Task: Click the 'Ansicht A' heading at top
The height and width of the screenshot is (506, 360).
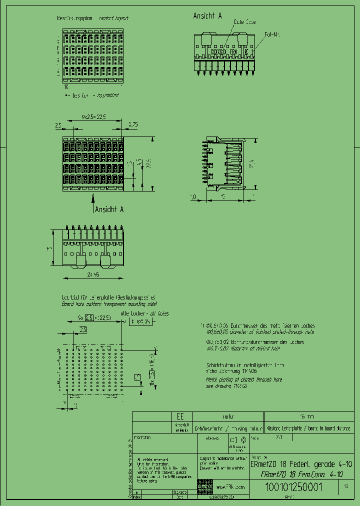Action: coord(207,16)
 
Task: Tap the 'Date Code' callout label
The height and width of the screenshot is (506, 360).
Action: coord(245,22)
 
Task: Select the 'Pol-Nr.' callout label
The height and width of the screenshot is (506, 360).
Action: coord(272,34)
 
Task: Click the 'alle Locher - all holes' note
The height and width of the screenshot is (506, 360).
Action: coord(145,313)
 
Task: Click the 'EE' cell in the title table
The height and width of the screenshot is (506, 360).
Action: coord(180,416)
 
